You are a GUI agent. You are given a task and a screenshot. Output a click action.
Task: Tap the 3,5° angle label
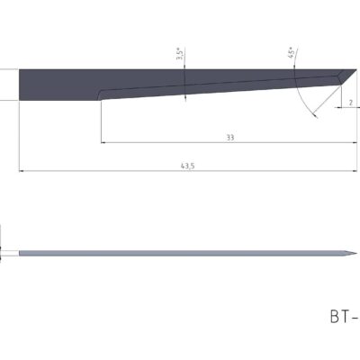click(180, 56)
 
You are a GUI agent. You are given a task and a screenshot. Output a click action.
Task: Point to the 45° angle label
click(292, 53)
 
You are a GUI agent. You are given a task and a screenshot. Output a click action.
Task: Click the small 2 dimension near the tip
click(350, 103)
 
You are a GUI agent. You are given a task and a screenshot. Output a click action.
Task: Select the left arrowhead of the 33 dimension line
click(103, 142)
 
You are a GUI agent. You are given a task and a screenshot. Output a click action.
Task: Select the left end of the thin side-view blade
click(20, 252)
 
